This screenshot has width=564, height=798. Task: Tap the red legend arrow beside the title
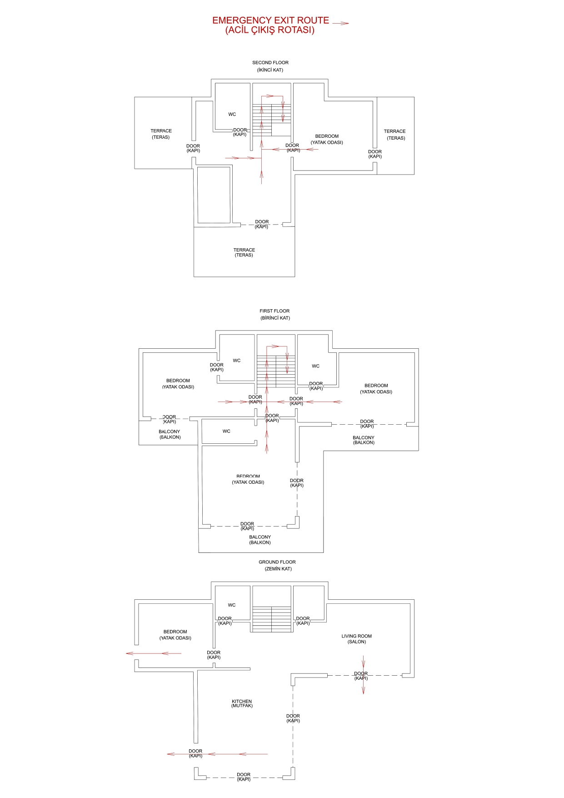(340, 23)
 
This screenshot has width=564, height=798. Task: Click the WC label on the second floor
(232, 115)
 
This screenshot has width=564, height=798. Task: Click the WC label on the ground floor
(232, 605)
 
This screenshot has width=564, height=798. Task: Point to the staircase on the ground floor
(272, 619)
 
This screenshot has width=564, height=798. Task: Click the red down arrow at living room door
(363, 675)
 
